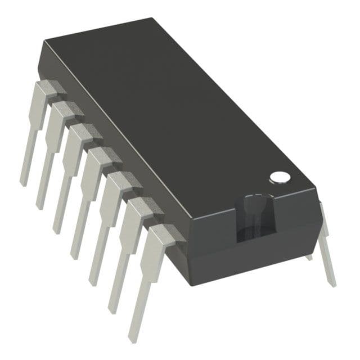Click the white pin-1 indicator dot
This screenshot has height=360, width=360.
280,177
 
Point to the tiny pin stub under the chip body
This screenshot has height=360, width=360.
309,257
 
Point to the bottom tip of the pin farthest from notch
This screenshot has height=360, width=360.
24,183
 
